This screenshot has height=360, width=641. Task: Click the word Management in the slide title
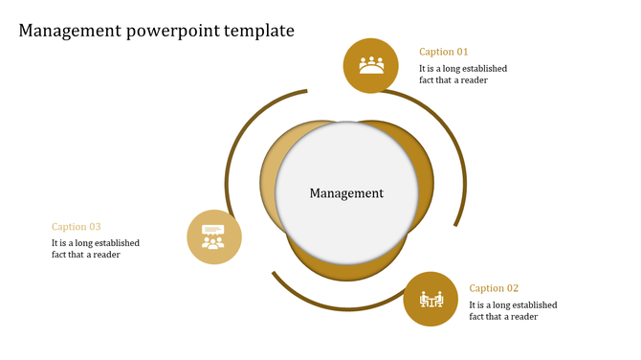click(69, 31)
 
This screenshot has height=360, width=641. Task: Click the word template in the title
click(259, 31)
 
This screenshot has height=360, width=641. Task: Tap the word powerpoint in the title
click(173, 32)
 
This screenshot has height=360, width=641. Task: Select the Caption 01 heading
click(444, 52)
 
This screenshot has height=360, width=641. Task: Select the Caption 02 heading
click(494, 288)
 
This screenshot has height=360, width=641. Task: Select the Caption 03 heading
click(77, 227)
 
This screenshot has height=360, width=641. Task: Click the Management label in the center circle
click(346, 193)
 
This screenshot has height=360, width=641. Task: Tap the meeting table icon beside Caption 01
click(371, 65)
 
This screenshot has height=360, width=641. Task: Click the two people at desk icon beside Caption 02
click(431, 300)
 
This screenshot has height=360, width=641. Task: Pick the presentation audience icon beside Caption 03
click(213, 236)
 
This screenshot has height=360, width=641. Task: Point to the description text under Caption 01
click(463, 75)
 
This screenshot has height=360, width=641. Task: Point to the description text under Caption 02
click(513, 311)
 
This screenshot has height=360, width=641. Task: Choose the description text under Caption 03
click(96, 249)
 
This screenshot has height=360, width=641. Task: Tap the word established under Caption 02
click(532, 305)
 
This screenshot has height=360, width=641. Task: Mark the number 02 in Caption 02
click(512, 288)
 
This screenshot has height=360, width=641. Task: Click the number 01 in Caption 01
click(462, 52)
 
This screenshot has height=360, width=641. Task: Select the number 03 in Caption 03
click(95, 227)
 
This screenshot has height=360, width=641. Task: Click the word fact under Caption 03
click(60, 255)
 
